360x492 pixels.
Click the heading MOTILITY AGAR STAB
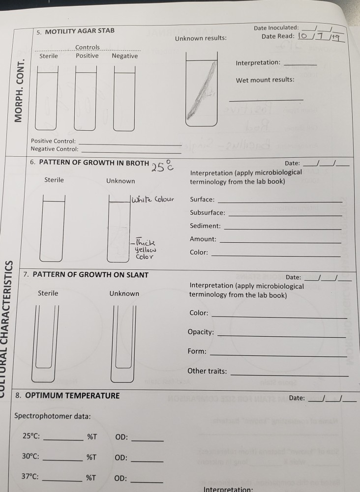[x=79, y=31]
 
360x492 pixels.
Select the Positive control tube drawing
[x=86, y=98]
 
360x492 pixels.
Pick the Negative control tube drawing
[x=124, y=98]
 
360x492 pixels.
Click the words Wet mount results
[x=265, y=80]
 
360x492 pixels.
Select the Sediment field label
[x=205, y=226]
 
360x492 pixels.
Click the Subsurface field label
[x=208, y=212]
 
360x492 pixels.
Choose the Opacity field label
[x=201, y=332]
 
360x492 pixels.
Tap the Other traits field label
[x=207, y=371]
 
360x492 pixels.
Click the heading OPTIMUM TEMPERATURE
[x=72, y=395]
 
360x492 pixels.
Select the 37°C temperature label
[x=30, y=477]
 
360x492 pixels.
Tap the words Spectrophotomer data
[x=52, y=416]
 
